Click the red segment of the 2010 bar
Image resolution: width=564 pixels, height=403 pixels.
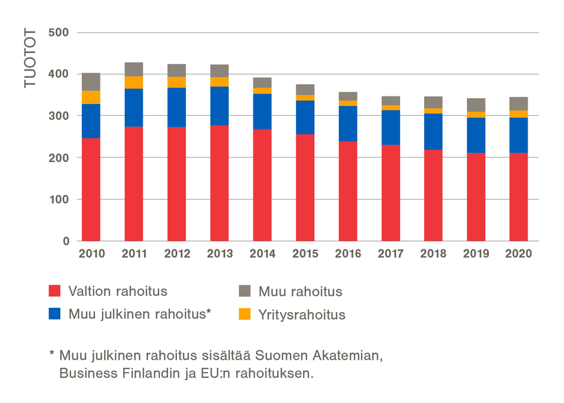91,189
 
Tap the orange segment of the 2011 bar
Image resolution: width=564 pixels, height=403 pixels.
134,83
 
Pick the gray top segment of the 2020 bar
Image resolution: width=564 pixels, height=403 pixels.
519,103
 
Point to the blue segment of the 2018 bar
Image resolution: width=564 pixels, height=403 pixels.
433,132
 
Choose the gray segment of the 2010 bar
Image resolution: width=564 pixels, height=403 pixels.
91,81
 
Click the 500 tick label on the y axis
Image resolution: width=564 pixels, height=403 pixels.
60,33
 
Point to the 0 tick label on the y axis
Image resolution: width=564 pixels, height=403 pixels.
66,242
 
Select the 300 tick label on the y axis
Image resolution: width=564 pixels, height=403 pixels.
60,116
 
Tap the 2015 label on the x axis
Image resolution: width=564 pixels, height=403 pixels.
305,254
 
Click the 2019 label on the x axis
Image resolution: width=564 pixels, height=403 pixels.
476,254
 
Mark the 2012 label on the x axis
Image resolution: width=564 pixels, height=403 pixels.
177,254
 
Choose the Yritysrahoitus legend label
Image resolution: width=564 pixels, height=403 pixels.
302,316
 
